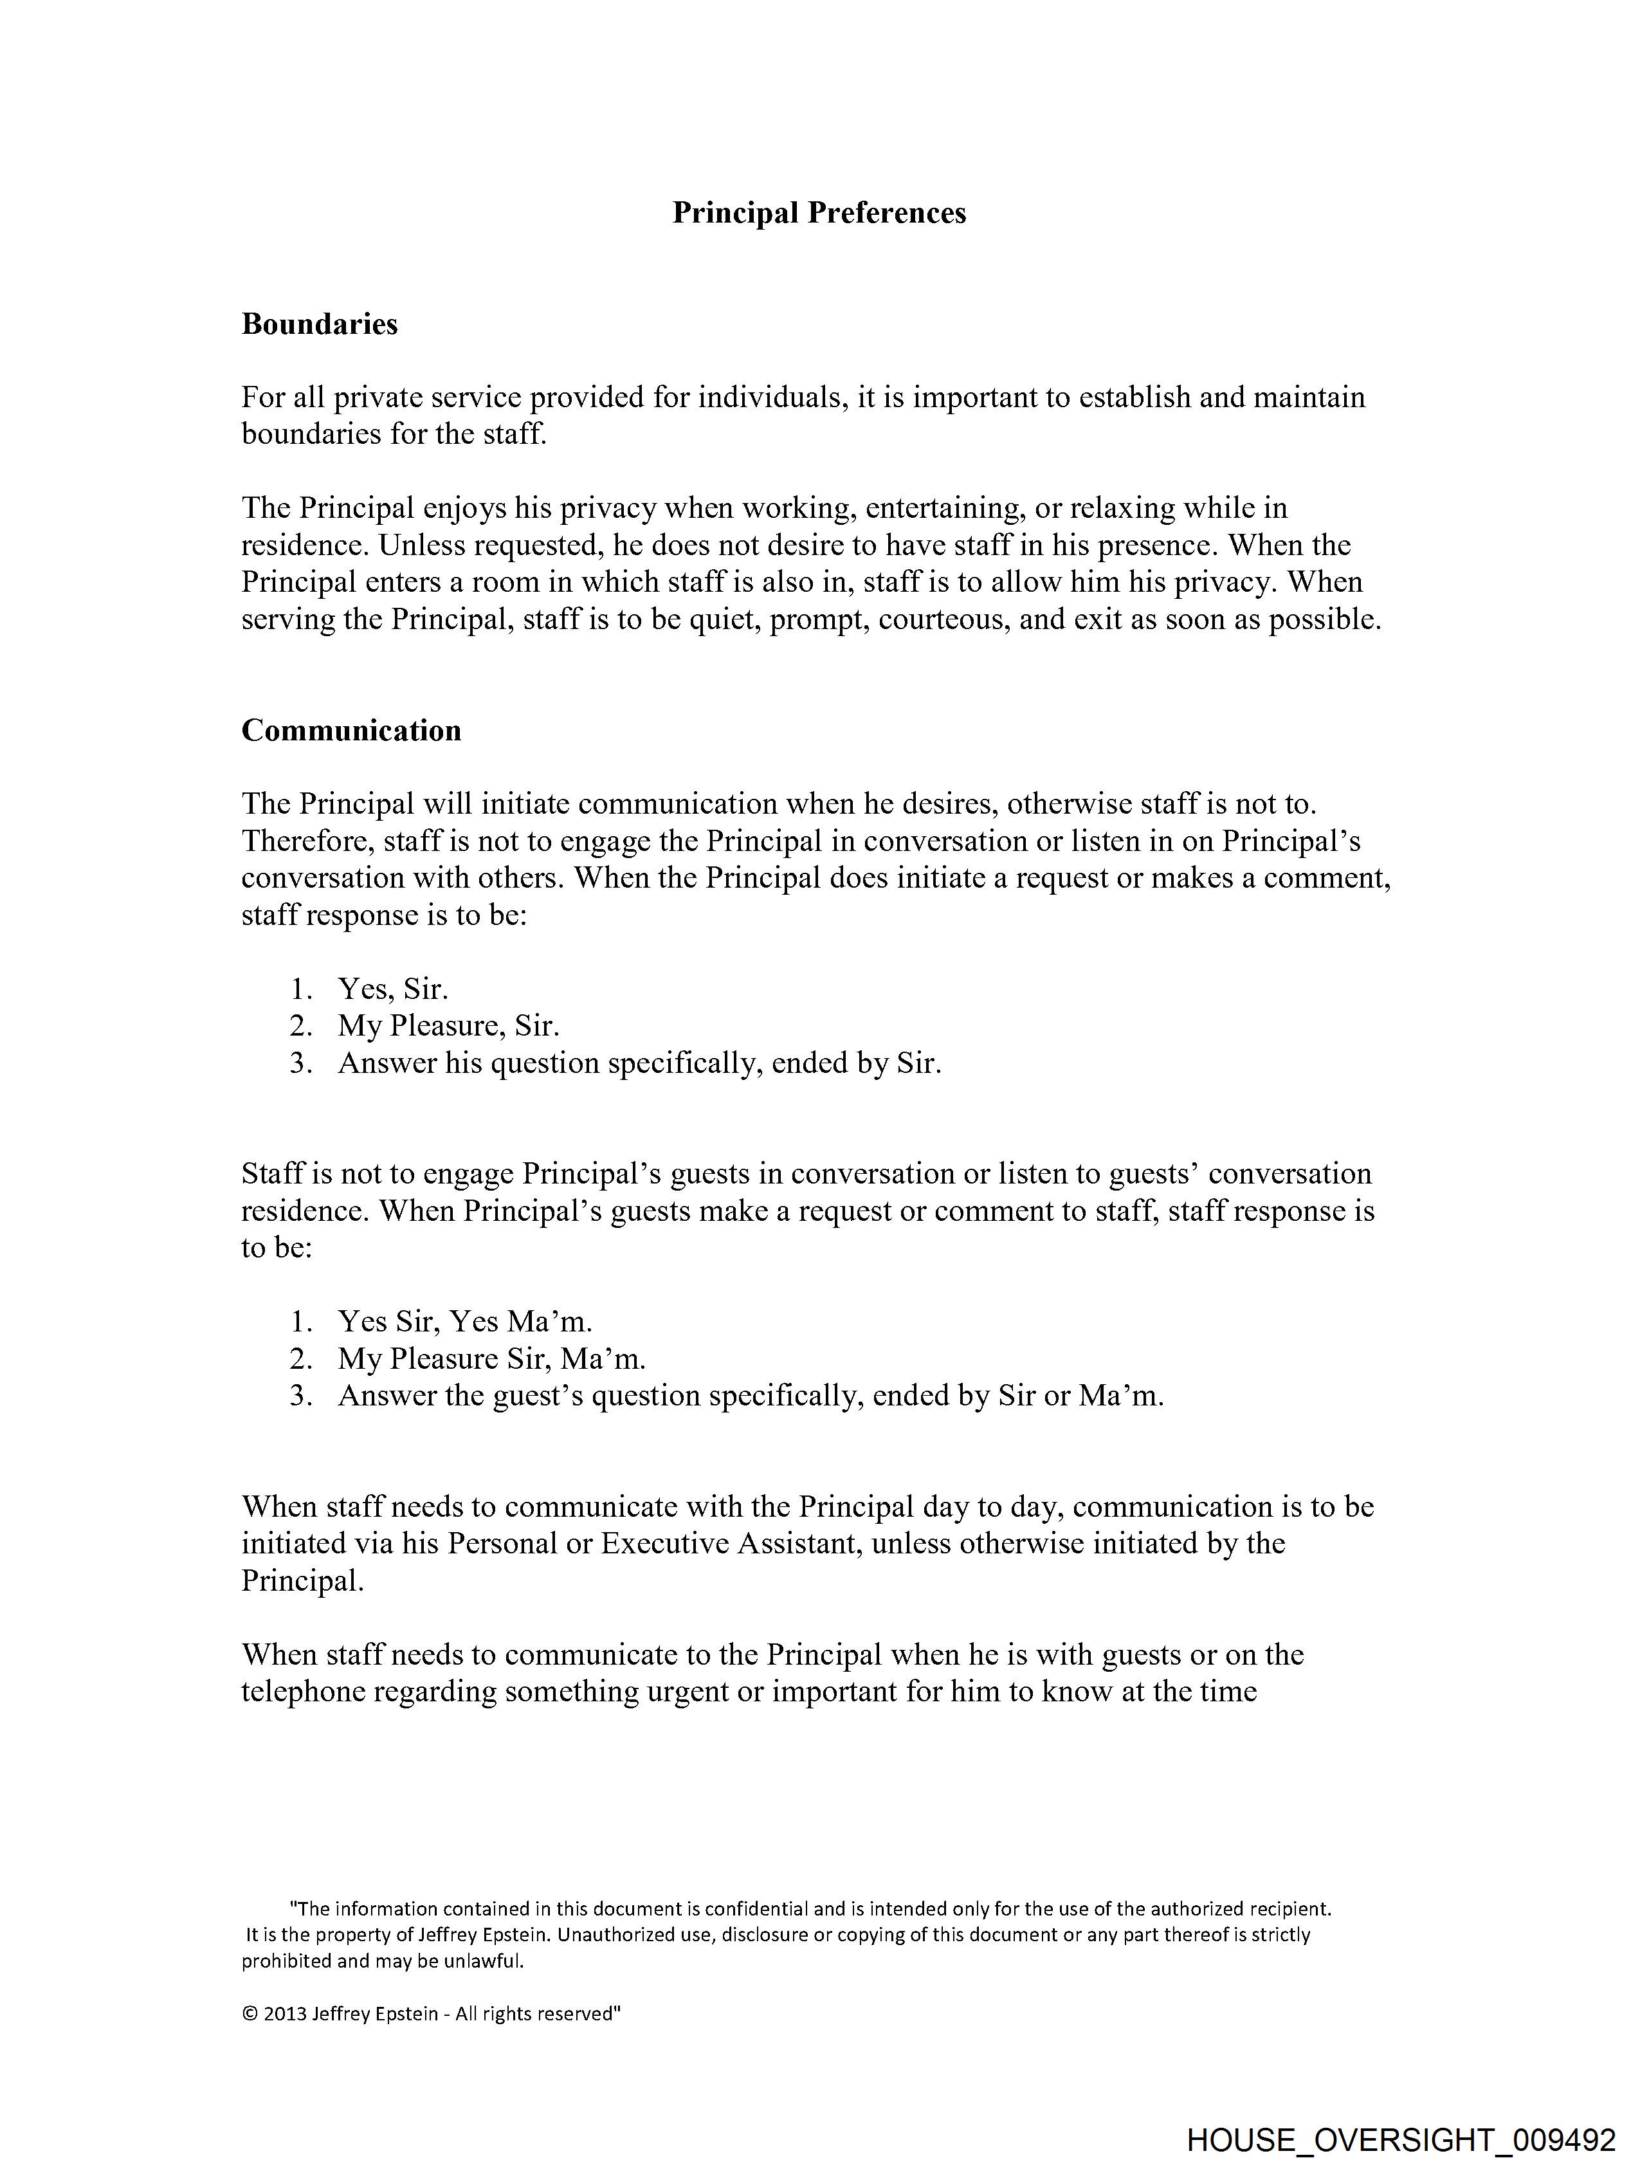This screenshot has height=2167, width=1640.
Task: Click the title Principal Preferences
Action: coord(819,214)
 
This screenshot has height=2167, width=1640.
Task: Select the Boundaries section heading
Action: coord(320,324)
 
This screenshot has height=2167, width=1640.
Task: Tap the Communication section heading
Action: coord(351,730)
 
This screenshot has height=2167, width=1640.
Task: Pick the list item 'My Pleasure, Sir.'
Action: coord(449,1026)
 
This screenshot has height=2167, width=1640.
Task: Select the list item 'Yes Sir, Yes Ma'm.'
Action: coord(464,1322)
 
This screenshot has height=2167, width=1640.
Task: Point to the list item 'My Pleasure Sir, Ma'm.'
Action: coord(492,1358)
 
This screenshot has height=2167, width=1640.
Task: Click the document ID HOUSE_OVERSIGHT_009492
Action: coord(1401,2139)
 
